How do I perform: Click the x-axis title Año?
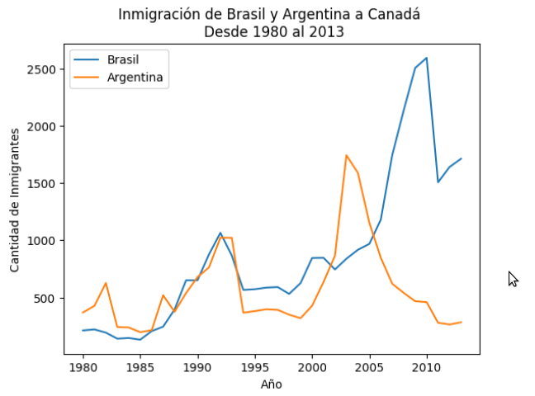(272, 384)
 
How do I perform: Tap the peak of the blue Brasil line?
(426, 58)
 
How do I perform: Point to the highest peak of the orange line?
(347, 155)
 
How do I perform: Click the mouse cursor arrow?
(513, 279)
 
